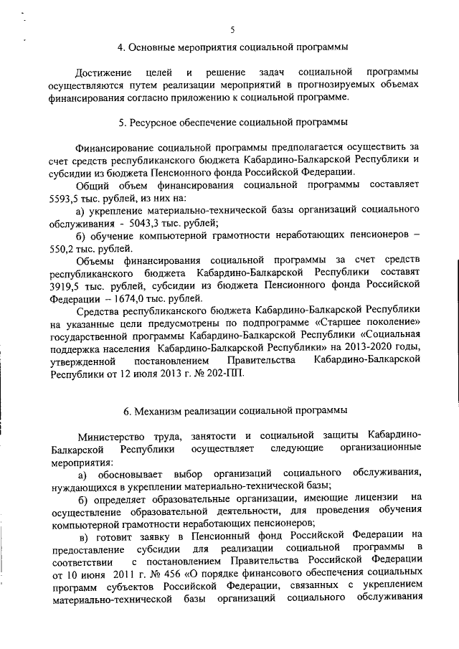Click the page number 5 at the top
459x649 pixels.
tap(232, 29)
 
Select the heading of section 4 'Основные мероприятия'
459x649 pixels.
tap(232, 47)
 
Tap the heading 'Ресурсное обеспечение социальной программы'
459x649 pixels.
tap(232, 122)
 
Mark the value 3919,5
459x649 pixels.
tap(64, 285)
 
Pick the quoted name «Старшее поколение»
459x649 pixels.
tap(377, 323)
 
